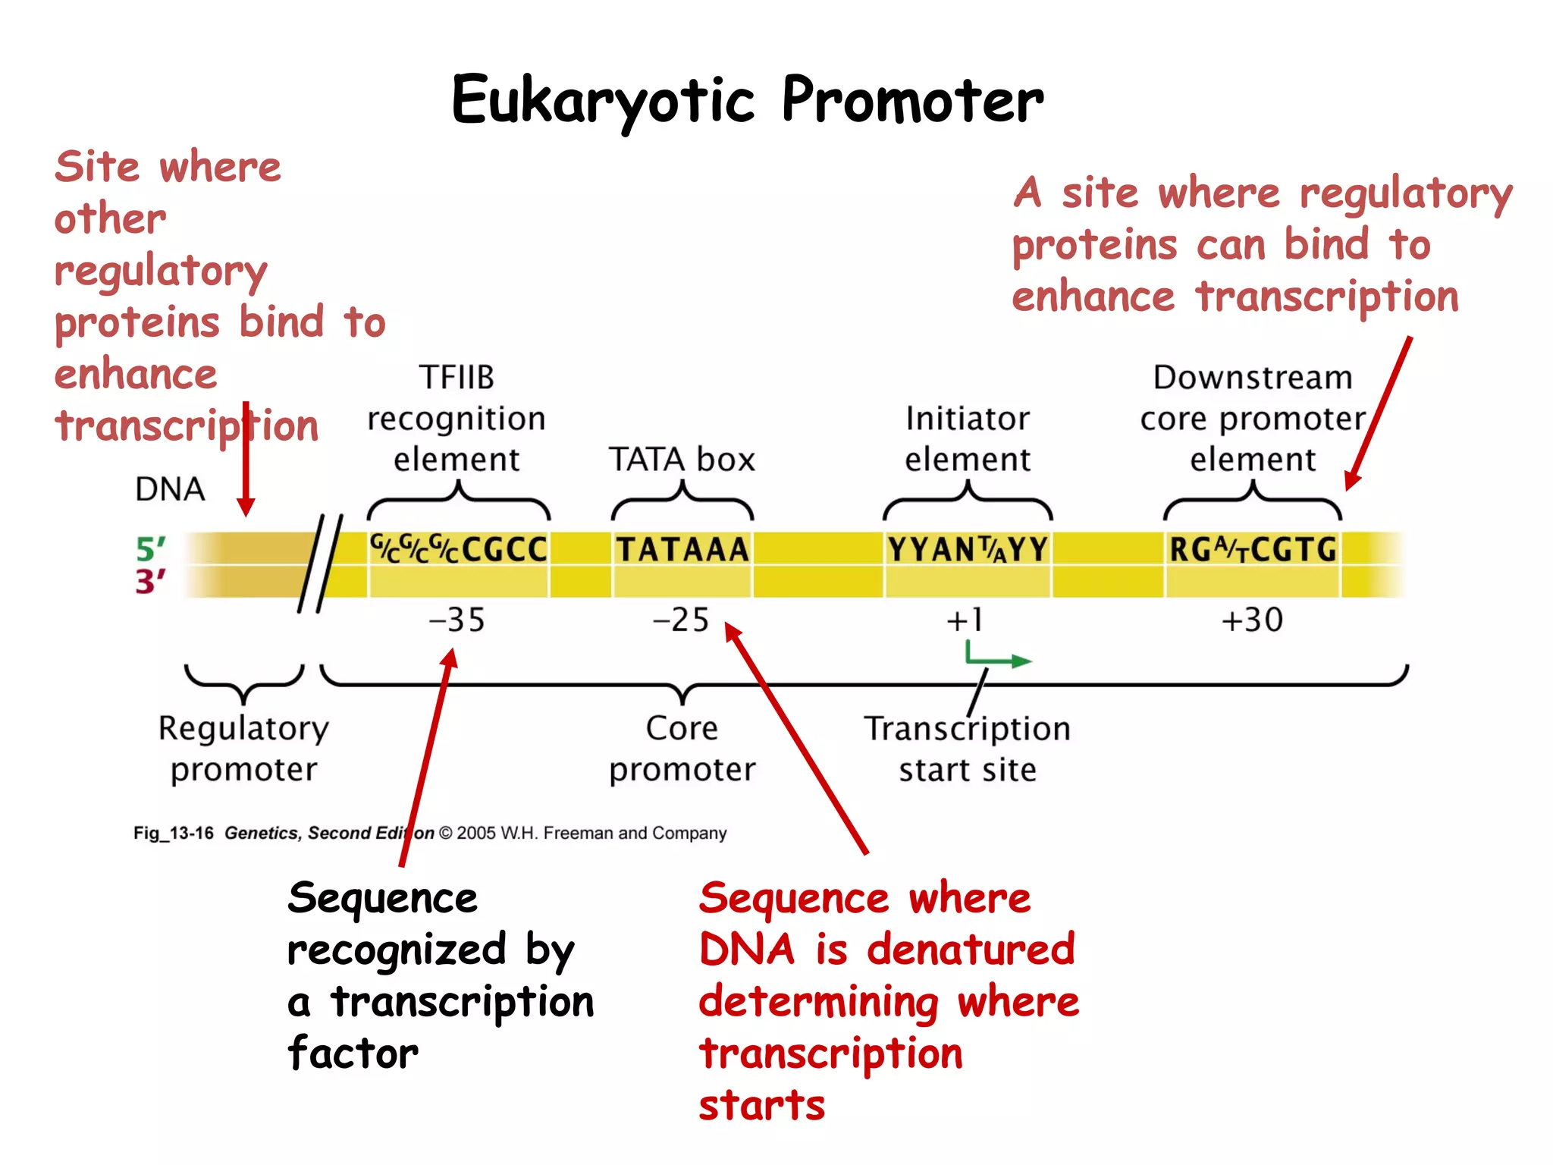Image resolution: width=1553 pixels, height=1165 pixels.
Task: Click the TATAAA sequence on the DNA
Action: point(682,550)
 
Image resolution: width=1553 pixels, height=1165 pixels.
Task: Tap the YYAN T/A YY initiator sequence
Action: point(968,550)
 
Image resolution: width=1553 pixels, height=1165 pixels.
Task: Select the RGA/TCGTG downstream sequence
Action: point(1253,550)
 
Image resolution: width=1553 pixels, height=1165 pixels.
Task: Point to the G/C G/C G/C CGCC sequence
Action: point(458,550)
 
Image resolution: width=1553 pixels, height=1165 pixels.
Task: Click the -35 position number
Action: point(456,620)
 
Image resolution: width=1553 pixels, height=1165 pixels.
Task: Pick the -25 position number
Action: point(681,620)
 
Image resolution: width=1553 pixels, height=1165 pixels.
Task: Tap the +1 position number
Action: point(965,620)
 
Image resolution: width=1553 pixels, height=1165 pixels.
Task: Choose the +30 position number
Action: point(1252,620)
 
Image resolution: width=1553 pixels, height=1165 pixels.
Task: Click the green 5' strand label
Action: point(150,549)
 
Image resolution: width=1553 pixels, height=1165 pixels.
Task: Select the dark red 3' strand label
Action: point(150,582)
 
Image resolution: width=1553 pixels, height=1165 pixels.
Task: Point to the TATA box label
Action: point(682,460)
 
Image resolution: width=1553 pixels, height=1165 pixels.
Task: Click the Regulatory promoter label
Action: point(243,748)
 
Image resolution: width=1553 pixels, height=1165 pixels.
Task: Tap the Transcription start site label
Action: point(967,749)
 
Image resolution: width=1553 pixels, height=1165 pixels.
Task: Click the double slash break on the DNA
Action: point(320,562)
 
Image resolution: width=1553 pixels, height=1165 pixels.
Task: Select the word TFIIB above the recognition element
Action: point(456,378)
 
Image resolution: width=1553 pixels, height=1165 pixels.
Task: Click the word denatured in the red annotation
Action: point(971,950)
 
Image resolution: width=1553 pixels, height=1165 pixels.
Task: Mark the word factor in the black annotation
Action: point(353,1054)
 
